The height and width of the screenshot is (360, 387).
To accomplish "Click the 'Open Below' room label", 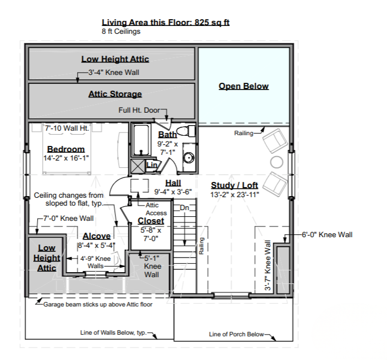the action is (x=243, y=86).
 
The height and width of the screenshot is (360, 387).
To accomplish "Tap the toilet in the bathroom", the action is (x=186, y=131).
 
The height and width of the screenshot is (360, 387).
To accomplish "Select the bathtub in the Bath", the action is (x=141, y=140).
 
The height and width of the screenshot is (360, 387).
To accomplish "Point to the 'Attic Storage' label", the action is (x=115, y=94).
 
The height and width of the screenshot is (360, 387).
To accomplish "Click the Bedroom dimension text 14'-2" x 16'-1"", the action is (x=66, y=158).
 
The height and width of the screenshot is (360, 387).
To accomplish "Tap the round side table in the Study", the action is (x=277, y=162).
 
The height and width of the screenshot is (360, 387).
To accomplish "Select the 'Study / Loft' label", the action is (x=234, y=185).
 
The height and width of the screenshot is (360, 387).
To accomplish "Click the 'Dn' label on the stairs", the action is (x=184, y=208).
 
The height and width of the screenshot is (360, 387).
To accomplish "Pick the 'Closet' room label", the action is (x=151, y=221).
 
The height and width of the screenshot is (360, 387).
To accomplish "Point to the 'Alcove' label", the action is (x=96, y=236).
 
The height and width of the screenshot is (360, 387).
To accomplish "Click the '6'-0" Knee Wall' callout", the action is (x=327, y=234).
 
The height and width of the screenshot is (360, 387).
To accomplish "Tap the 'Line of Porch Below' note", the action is (x=236, y=334).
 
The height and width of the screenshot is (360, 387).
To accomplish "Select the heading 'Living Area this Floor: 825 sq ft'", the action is (x=166, y=23).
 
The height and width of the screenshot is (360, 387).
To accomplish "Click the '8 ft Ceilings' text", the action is (x=121, y=32).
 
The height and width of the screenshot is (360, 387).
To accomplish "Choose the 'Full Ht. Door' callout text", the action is (x=139, y=110).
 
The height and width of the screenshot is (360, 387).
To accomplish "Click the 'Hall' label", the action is (x=173, y=183).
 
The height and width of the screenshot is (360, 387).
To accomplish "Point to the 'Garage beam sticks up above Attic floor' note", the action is (x=98, y=304).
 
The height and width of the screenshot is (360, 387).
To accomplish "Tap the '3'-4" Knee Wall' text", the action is (x=114, y=73).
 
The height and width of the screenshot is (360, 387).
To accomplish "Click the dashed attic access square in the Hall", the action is (x=140, y=186).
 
